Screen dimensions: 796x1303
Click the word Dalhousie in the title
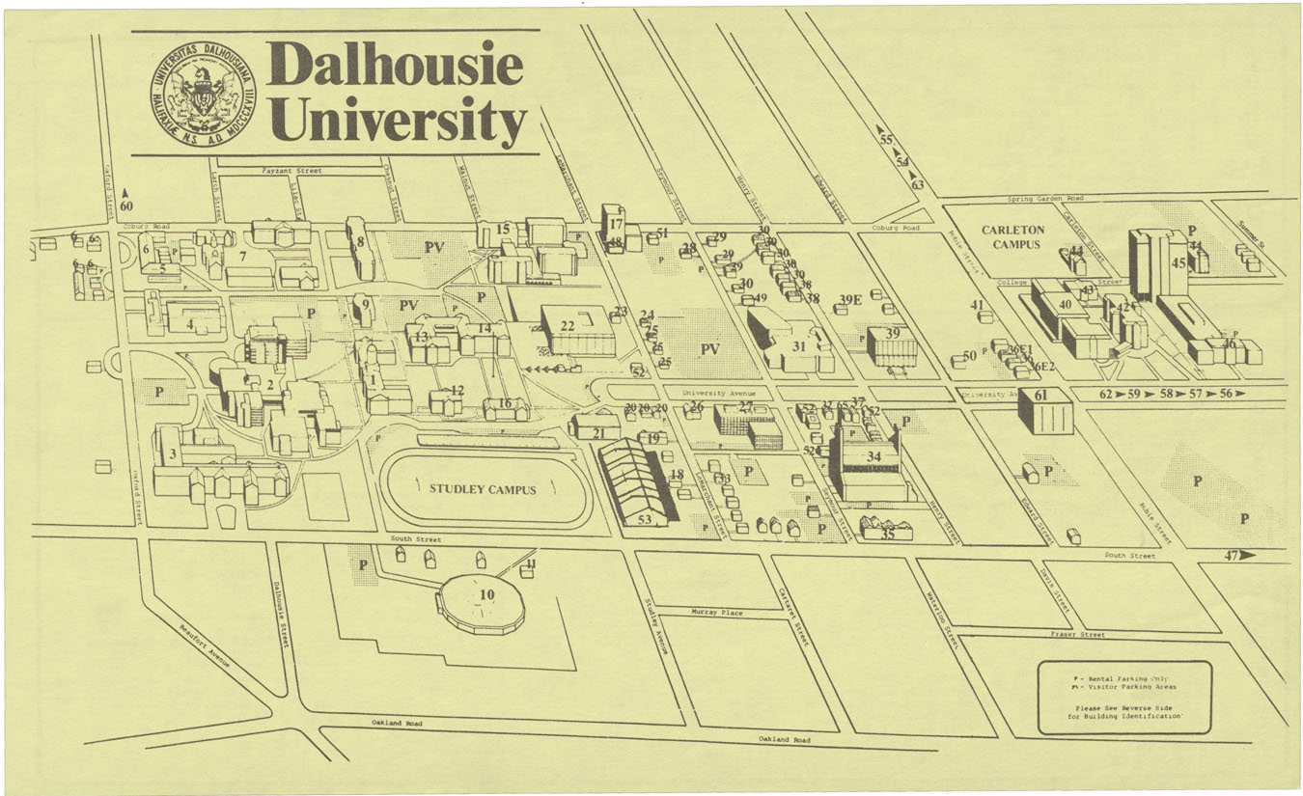pos(396,66)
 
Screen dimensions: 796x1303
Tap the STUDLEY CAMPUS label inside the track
pos(482,489)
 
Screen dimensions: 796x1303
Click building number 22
pos(568,326)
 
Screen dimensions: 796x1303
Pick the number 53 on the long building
pos(645,520)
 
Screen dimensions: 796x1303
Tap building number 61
pos(1040,396)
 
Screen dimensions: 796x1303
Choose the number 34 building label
pos(873,455)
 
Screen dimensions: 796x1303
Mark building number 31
pos(798,345)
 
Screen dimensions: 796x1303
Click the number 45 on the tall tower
pos(1178,261)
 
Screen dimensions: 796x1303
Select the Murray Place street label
pos(717,613)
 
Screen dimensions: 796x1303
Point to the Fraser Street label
pos(1078,635)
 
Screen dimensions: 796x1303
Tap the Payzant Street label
pos(291,171)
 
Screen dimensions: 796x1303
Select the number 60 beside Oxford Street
pos(126,206)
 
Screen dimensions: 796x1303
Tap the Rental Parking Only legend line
pos(1125,678)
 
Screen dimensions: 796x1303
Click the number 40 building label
pos(1066,304)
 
